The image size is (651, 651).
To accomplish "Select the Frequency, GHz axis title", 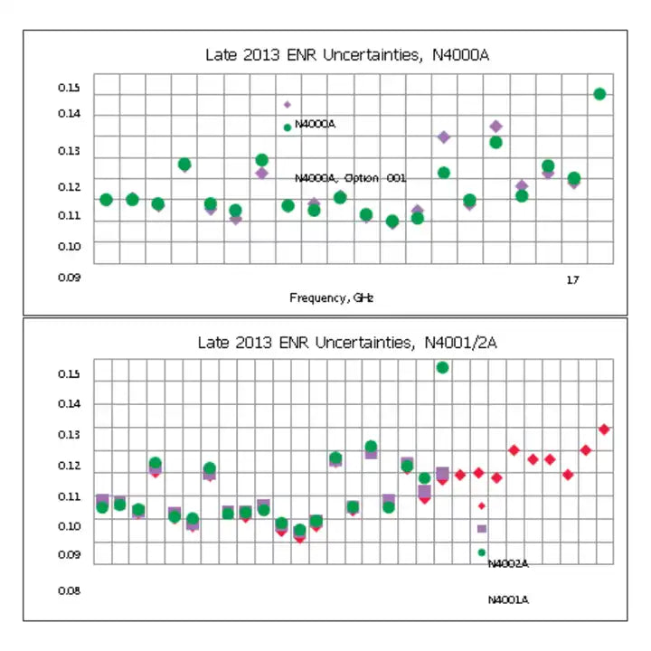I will click(x=332, y=297).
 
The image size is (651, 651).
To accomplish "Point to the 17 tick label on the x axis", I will click(x=572, y=279).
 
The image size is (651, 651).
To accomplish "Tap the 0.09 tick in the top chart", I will click(x=70, y=278).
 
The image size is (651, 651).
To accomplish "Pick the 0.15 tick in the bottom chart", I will click(x=70, y=374).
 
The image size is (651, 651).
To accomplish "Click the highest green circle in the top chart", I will click(x=599, y=94).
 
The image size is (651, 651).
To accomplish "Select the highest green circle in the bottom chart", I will click(x=442, y=367).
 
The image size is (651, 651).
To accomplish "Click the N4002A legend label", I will click(x=507, y=564).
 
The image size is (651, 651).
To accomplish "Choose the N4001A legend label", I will click(x=507, y=599).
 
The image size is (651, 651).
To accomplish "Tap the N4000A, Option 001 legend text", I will click(x=350, y=178).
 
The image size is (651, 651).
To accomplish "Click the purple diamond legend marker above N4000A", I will click(x=288, y=105).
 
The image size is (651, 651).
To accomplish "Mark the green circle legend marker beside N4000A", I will click(x=288, y=127).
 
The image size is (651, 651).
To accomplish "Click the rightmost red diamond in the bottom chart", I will click(x=604, y=429).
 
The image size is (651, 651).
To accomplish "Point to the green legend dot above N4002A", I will click(x=482, y=552).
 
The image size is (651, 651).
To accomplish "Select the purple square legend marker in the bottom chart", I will click(x=482, y=529).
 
